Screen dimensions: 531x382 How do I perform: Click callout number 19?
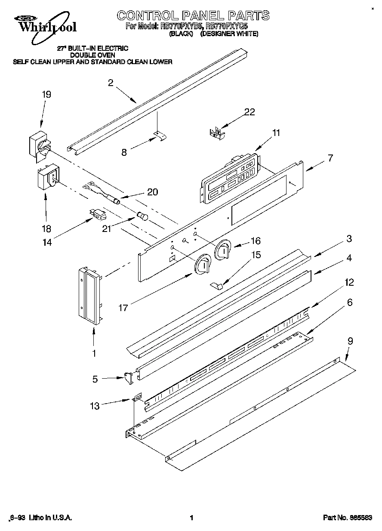46,95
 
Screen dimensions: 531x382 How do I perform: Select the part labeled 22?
217,133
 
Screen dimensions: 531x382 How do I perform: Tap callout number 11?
276,133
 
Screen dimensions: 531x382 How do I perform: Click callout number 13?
95,405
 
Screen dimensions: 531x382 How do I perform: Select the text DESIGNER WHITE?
229,33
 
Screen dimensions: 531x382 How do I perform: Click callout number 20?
152,192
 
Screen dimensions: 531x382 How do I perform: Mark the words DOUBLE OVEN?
92,55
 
